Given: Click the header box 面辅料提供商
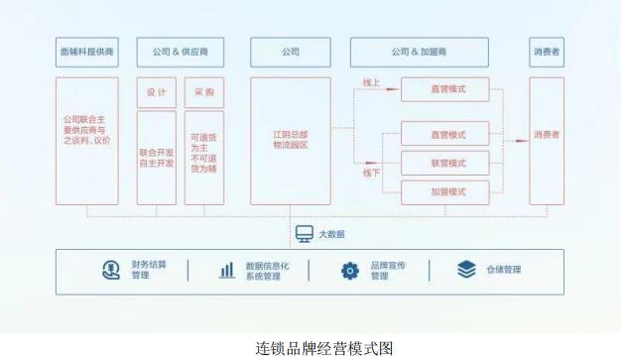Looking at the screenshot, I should coord(86,52).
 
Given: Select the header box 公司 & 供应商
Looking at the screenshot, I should coord(180,52).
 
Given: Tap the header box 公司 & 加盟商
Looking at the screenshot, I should coord(420,52).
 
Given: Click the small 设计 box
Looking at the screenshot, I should coord(157,92).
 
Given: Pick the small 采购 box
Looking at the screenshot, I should coord(203,92).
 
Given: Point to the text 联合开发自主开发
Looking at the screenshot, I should coord(157,157).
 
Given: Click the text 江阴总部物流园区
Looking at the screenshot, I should coord(291,140).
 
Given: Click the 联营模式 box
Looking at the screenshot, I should coord(445,162).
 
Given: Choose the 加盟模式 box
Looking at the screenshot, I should coord(445,190).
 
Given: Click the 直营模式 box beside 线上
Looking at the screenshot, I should coord(445,90).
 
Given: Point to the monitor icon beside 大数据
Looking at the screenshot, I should coord(304,234).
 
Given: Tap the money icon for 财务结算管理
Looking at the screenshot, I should coord(110,270).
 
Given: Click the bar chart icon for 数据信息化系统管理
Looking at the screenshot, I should coord(227,270).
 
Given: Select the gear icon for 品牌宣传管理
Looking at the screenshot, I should coord(349,270).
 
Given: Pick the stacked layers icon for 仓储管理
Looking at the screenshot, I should coord(466,270).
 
